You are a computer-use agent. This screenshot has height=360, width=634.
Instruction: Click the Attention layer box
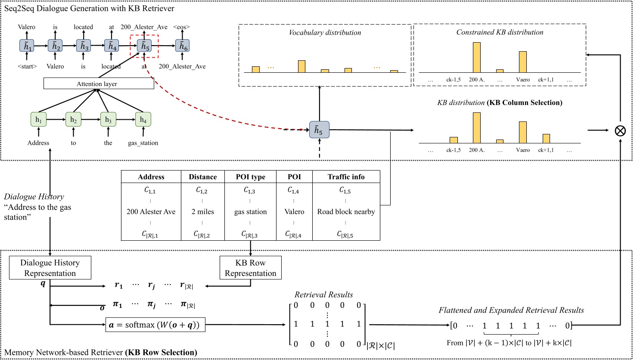[x=99, y=84]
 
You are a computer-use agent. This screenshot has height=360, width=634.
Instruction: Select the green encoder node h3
[x=108, y=120]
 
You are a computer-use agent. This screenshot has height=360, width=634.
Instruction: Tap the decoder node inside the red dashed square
[x=144, y=46]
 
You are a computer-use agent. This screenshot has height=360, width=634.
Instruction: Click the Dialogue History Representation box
[x=50, y=268]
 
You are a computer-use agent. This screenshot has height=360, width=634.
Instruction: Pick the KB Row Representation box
[x=250, y=268]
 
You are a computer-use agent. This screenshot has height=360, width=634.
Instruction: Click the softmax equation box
[x=155, y=325]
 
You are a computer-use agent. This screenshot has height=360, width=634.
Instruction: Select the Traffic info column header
[x=346, y=177]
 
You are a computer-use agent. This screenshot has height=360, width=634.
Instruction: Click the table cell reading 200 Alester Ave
[x=151, y=212]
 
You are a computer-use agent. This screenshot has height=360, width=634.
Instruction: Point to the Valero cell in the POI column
[x=294, y=212]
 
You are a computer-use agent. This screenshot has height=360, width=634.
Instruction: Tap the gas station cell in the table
[x=250, y=212]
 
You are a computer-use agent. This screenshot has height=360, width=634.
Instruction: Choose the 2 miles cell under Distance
[x=202, y=212]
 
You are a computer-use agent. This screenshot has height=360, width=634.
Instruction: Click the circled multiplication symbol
[x=620, y=130]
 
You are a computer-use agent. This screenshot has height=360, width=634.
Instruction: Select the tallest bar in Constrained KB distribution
[x=476, y=57]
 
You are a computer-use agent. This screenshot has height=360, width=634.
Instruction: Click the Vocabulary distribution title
[x=325, y=33]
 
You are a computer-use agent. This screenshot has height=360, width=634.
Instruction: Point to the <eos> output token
[x=182, y=27]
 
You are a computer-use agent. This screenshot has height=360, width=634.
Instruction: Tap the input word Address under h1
[x=38, y=143]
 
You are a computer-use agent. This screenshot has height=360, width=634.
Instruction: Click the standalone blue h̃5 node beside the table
[x=319, y=130]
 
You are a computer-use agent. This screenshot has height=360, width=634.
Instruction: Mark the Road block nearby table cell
[x=346, y=212]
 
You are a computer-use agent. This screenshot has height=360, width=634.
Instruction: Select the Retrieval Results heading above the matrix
[x=323, y=295]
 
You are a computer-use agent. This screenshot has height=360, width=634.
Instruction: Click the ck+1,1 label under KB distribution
[x=546, y=150]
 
